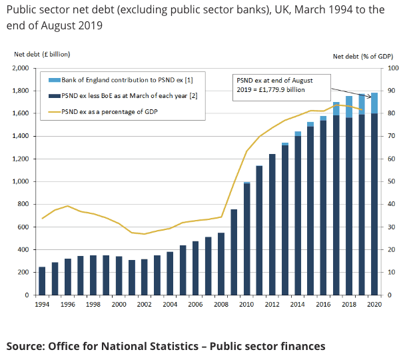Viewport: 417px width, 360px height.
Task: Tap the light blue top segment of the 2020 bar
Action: coord(374,103)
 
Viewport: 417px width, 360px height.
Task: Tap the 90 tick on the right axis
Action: coord(393,91)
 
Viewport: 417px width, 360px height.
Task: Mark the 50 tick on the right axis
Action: coord(393,181)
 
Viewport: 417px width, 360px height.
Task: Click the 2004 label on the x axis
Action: coord(169,304)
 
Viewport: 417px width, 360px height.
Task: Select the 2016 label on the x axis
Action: coord(323,304)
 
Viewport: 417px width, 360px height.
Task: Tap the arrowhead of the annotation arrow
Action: coord(370,96)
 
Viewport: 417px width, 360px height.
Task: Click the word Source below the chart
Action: coord(26,346)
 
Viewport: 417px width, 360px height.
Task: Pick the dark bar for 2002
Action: coord(144,277)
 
